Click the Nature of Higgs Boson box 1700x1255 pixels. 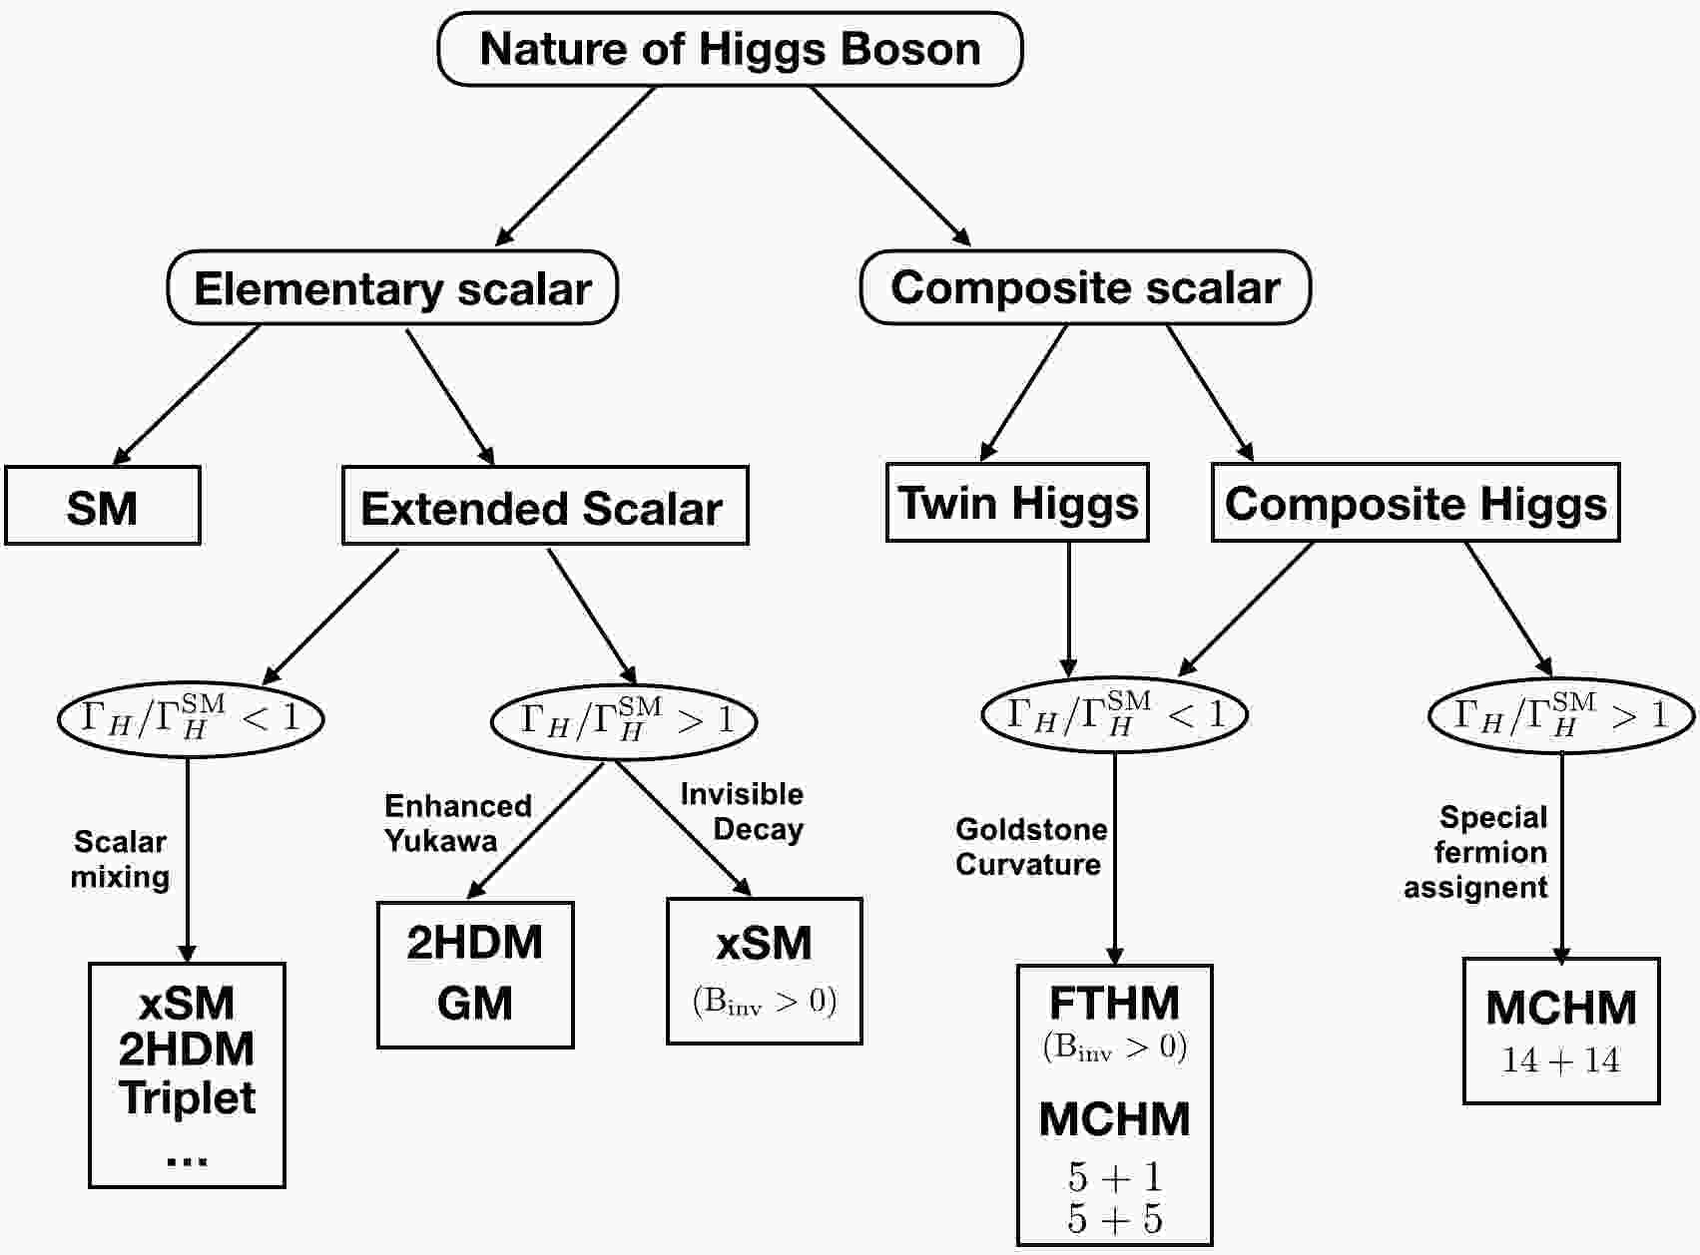coord(730,49)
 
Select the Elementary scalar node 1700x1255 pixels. coord(392,287)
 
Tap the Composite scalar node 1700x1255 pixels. coord(1085,287)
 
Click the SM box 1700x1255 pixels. coord(102,506)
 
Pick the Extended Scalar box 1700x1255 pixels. coord(545,506)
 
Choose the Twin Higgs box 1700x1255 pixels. coord(1017,502)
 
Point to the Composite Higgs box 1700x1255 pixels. coord(1416,502)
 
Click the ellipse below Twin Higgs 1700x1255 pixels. coord(1114,714)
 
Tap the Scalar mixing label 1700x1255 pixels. coord(120,859)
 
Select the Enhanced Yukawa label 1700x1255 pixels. coord(457,823)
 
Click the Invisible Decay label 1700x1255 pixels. coord(743,811)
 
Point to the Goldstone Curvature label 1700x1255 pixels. coord(1031,846)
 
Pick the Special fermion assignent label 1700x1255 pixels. coord(1476,852)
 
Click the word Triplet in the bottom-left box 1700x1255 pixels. coord(188,1097)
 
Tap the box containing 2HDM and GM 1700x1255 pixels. coord(475,975)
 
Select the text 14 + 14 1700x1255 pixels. coord(1561,1060)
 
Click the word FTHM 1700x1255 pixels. coord(1114,1002)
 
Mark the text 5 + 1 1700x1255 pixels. coord(1115,1177)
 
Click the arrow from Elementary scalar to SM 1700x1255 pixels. coord(186,395)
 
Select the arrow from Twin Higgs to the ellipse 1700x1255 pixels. coord(1069,610)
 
